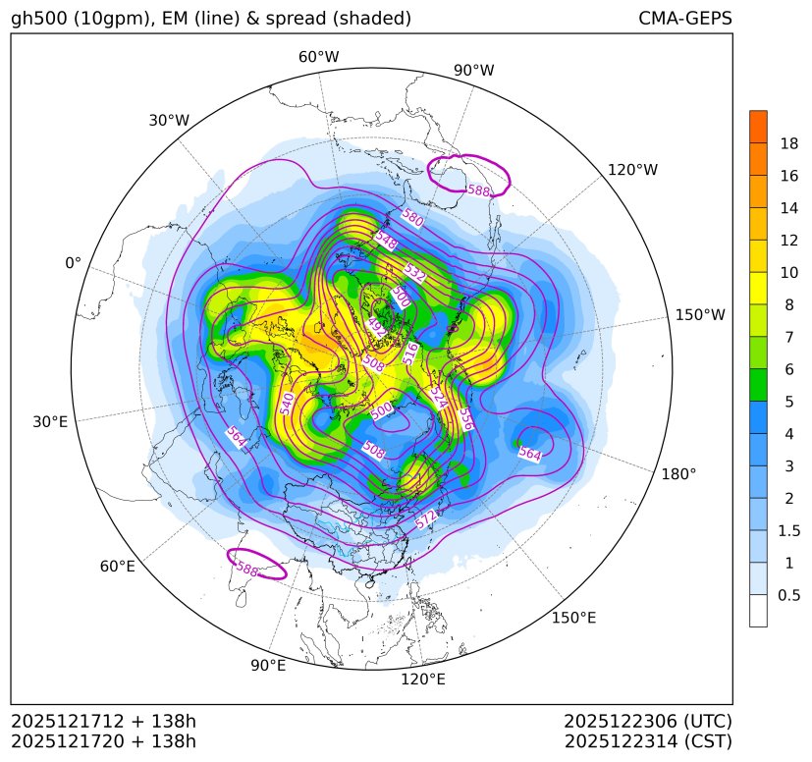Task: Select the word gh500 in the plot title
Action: click(40, 19)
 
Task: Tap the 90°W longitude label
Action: click(474, 71)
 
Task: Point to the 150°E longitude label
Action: click(573, 618)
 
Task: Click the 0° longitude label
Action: click(73, 263)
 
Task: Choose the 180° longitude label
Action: click(678, 473)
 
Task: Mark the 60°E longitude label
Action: click(117, 567)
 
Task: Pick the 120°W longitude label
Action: click(632, 170)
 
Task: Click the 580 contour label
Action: click(412, 219)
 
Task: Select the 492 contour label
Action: click(376, 328)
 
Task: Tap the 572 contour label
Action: click(426, 520)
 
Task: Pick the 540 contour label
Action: click(287, 403)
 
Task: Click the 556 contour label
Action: click(465, 419)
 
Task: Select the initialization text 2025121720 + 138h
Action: click(103, 740)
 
